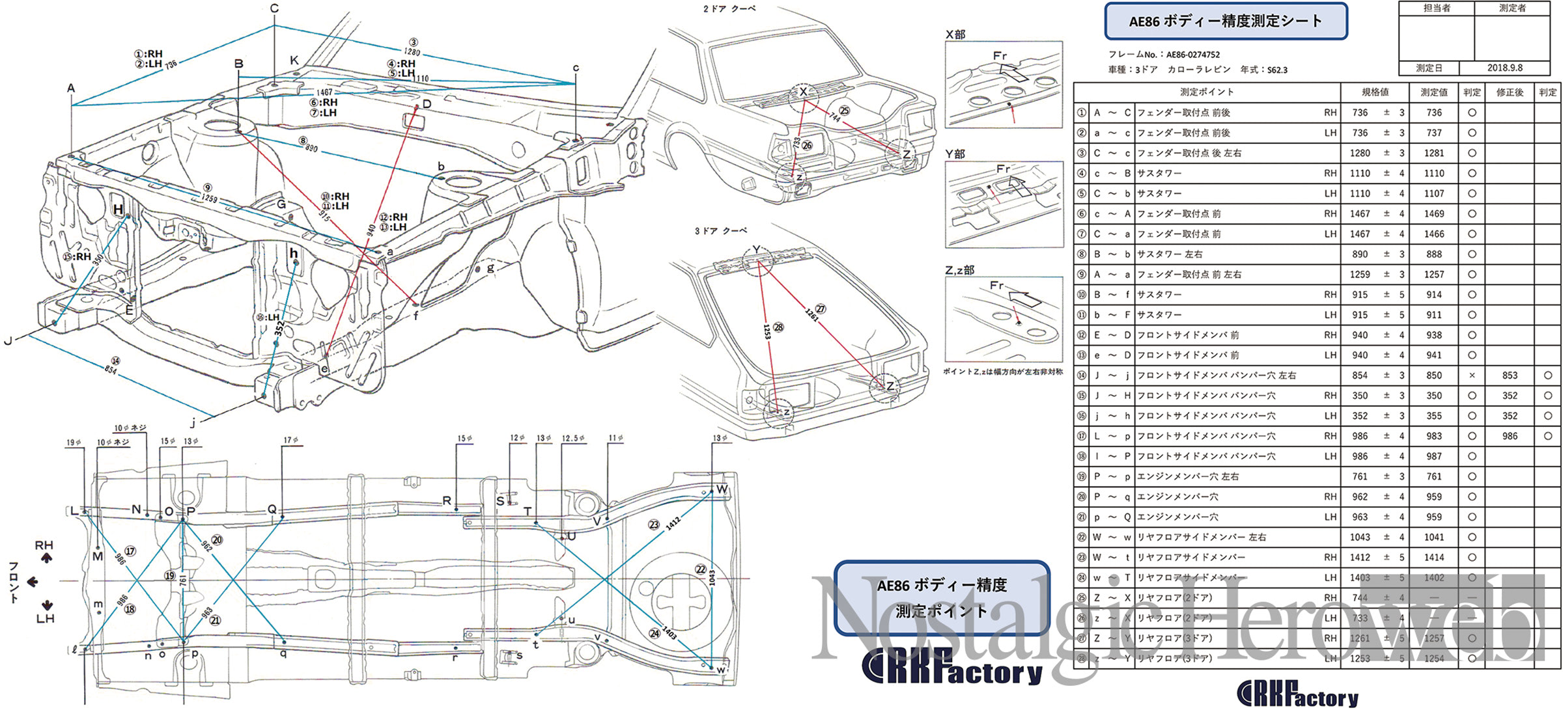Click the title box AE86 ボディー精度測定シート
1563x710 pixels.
point(1226,21)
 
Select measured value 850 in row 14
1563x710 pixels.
point(1433,375)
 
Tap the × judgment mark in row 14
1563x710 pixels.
point(1472,375)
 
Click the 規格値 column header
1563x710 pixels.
point(1375,92)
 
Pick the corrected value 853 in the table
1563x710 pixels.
point(1510,375)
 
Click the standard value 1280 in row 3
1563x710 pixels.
point(1360,153)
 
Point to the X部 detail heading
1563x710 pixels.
point(955,34)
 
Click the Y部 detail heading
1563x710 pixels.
point(955,154)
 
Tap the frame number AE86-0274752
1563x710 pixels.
point(1192,55)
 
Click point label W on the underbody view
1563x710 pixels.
point(722,489)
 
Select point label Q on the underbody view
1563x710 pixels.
point(272,509)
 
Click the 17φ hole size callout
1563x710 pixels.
point(290,441)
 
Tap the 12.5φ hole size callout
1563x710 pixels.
point(573,439)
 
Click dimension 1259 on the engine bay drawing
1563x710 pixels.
point(209,197)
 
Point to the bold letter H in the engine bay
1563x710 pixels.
point(118,210)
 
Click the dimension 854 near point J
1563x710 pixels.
point(111,370)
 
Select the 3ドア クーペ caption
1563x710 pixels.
point(720,231)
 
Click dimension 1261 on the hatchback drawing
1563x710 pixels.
point(811,314)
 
